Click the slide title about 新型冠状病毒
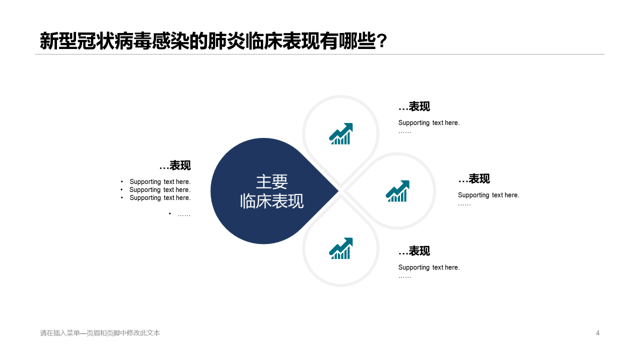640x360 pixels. point(207,41)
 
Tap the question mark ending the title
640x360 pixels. point(382,41)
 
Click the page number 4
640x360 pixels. point(597,333)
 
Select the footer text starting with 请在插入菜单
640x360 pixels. point(100,333)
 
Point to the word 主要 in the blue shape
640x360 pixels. point(271,181)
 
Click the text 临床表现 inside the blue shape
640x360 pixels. point(271,201)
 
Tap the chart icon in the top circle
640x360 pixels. point(341,134)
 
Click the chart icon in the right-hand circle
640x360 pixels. point(397,191)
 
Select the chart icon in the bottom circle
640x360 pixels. point(341,248)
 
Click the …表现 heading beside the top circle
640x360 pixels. point(414,106)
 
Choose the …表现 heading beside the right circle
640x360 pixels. point(474,179)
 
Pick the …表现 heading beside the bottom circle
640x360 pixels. point(414,251)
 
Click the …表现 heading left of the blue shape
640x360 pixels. point(175,165)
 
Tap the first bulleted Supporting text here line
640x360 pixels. point(160,182)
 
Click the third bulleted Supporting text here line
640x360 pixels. point(160,198)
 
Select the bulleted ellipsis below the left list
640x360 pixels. point(183,214)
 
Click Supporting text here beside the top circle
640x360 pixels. point(428,123)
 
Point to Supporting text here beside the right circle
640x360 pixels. point(488,195)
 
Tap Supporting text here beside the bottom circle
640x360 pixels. point(428,267)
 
